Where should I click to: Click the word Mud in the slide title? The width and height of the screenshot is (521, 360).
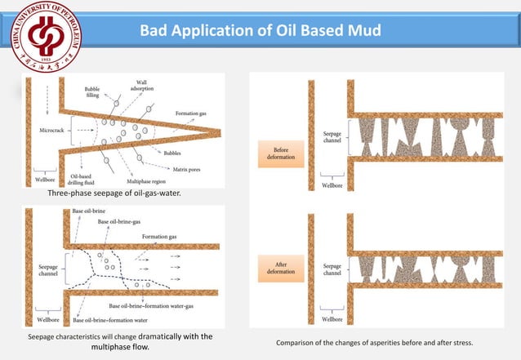[363, 32]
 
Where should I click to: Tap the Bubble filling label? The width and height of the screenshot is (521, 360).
[92, 91]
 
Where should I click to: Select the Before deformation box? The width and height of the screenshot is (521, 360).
[280, 153]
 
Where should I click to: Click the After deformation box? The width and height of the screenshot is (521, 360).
[280, 268]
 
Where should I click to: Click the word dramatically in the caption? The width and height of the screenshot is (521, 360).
[161, 336]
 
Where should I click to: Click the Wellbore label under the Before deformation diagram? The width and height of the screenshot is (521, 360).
[332, 185]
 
